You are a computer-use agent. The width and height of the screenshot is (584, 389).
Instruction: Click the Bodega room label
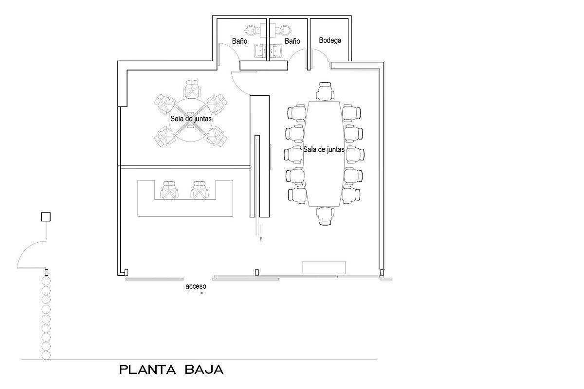coord(330,40)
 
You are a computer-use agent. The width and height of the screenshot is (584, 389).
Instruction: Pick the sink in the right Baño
coord(275,50)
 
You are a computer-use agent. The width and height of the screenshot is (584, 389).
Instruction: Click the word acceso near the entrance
coord(196,286)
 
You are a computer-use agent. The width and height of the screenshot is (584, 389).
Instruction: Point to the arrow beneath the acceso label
coord(197,293)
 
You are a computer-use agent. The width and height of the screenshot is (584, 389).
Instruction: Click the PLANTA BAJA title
coord(171,370)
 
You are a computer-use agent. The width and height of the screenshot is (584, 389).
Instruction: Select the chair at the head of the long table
coord(325,91)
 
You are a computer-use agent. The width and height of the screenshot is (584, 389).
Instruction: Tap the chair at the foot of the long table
coord(325,216)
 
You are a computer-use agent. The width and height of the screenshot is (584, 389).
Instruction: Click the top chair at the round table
coord(192,89)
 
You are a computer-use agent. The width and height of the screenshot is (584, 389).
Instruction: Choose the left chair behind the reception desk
coord(170,190)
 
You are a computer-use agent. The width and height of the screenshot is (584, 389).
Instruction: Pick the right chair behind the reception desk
coord(200,190)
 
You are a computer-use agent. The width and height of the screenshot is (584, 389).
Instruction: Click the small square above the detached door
coord(46,217)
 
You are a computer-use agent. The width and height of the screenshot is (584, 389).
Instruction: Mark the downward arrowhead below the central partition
coord(260,239)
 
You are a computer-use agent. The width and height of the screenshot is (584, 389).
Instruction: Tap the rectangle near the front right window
coord(324,267)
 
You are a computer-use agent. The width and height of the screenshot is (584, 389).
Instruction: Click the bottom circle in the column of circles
coord(46,355)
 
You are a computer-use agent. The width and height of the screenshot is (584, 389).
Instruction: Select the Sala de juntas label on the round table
coord(191,119)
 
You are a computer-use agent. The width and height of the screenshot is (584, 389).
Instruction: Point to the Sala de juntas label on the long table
coord(324,150)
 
